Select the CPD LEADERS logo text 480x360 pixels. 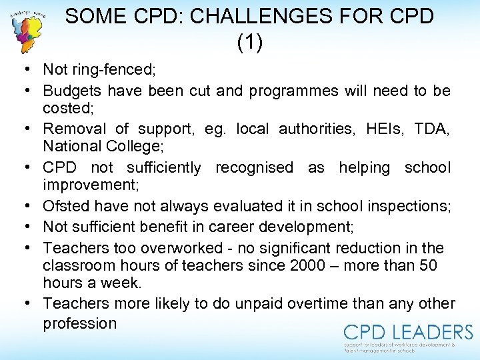pyautogui.click(x=408, y=331)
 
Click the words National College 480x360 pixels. pyautogui.click(x=99, y=146)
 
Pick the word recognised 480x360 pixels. pyautogui.click(x=254, y=167)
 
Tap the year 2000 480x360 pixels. pyautogui.click(x=309, y=265)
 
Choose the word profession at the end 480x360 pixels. pyautogui.click(x=79, y=323)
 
